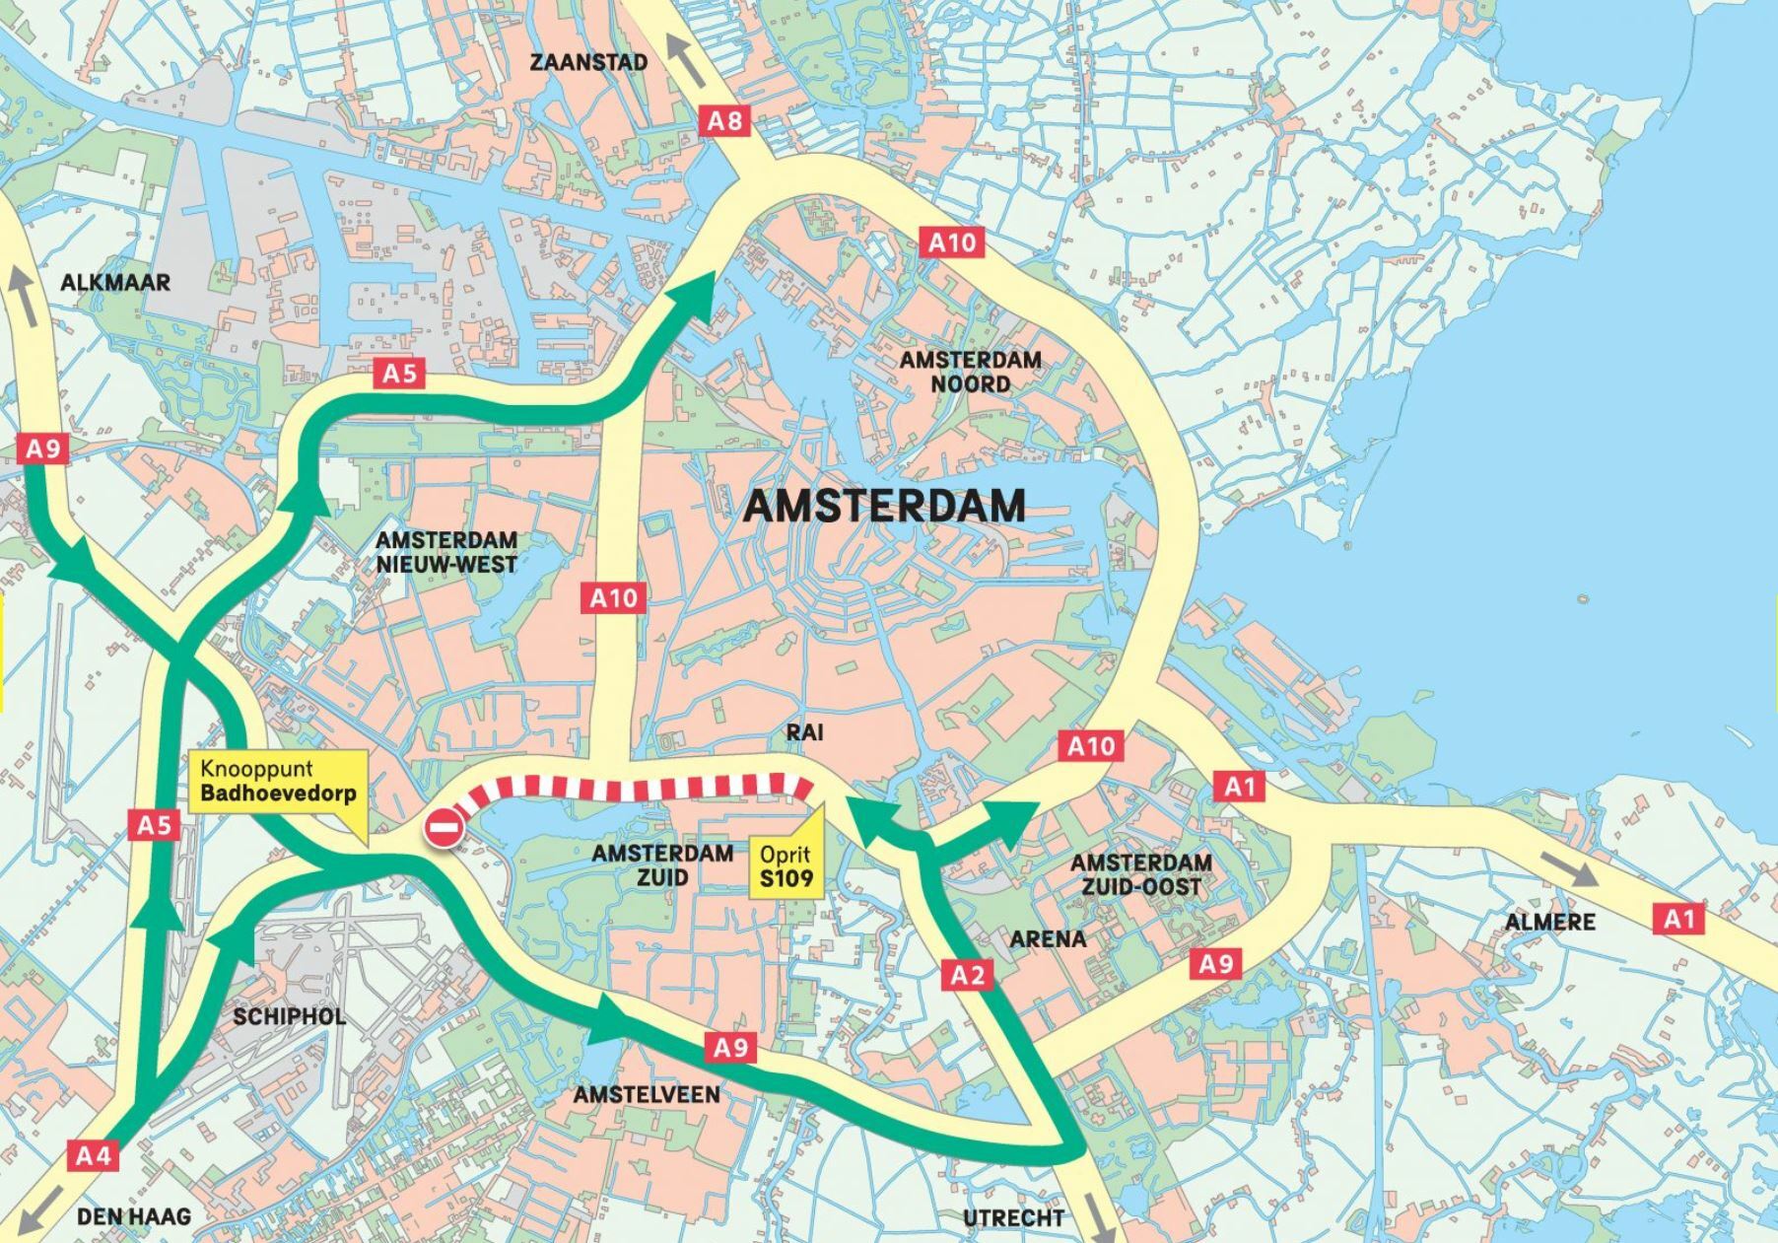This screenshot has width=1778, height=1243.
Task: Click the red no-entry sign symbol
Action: click(x=444, y=827)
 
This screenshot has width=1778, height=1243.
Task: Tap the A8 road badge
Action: click(x=725, y=121)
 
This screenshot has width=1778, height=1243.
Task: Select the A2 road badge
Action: click(x=967, y=975)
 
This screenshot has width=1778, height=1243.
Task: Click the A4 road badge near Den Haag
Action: click(x=94, y=1154)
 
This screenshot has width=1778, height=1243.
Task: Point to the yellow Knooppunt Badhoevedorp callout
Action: click(x=278, y=782)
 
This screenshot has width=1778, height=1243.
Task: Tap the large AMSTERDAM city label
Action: click(x=884, y=506)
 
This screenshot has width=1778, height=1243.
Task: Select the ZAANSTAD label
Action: click(x=588, y=62)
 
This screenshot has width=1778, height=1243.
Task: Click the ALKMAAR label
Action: click(x=115, y=283)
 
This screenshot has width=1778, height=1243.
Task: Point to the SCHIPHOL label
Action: click(x=289, y=1016)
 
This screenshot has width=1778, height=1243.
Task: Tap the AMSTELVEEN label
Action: click(x=647, y=1095)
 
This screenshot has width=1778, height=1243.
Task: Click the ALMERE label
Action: click(x=1549, y=923)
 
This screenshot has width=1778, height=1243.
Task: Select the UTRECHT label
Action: click(x=1013, y=1218)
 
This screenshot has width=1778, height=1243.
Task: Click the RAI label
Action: click(x=804, y=732)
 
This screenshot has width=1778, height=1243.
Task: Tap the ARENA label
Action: click(x=1048, y=938)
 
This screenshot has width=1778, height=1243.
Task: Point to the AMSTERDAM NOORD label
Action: click(x=970, y=372)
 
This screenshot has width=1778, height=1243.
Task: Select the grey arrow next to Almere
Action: click(x=1568, y=867)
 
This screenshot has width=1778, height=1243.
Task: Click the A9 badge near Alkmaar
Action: click(x=42, y=449)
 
